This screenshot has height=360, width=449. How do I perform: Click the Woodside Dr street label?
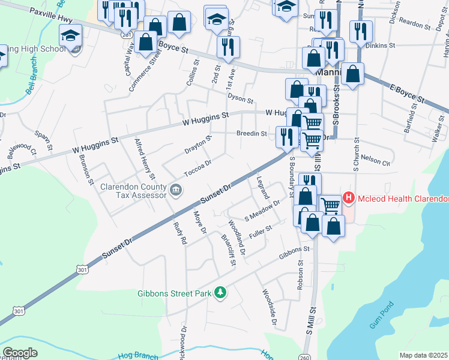coord(268,309)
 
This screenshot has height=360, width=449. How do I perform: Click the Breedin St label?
coord(251,134)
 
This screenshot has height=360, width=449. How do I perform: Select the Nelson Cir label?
coord(376,161)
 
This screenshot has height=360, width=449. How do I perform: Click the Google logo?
coord(20,352)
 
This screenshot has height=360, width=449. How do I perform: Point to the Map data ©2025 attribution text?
coord(423,355)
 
